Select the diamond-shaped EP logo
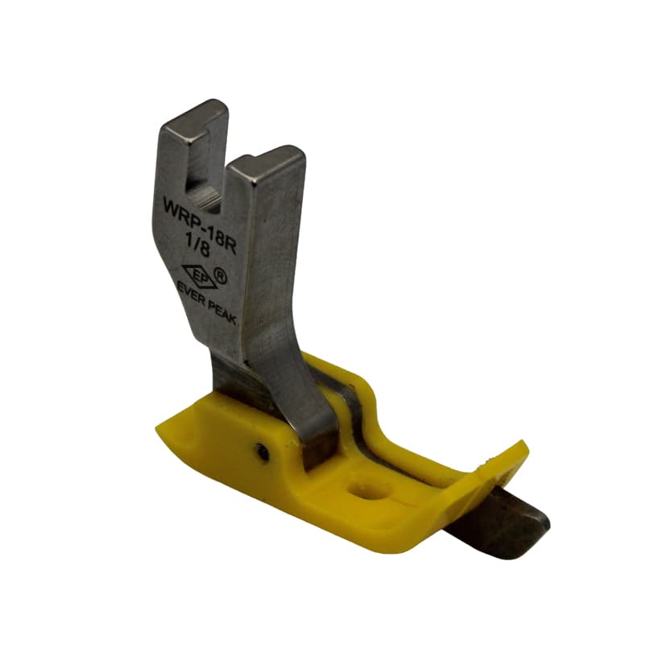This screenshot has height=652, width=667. tap(199, 275)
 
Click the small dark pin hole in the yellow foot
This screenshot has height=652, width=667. tap(263, 451)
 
